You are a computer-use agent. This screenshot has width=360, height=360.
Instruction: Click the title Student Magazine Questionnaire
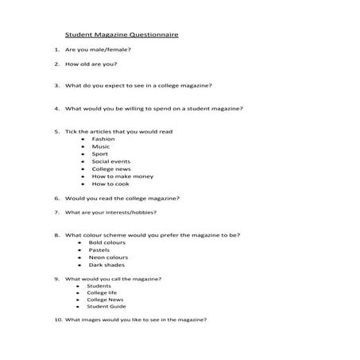(122, 36)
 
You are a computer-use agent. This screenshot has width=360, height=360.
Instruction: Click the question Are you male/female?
(98, 49)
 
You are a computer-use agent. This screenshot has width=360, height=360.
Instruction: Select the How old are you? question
(91, 64)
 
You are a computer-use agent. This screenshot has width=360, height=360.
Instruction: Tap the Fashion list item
(103, 139)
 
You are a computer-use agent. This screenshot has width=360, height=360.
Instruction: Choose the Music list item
(101, 146)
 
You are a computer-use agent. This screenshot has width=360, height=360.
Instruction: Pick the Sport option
(100, 153)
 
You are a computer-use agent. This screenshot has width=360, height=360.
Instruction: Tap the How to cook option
(110, 184)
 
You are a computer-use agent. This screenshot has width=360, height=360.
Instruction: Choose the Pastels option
(99, 250)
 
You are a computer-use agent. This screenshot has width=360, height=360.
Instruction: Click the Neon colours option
(108, 257)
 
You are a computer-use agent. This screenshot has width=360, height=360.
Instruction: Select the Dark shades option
(106, 265)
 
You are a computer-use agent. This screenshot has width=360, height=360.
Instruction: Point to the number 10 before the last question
(58, 319)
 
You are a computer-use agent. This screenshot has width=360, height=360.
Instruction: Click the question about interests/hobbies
(110, 213)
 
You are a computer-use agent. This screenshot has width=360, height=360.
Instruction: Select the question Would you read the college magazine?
(122, 198)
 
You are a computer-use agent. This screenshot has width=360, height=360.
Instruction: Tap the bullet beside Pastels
(79, 250)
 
